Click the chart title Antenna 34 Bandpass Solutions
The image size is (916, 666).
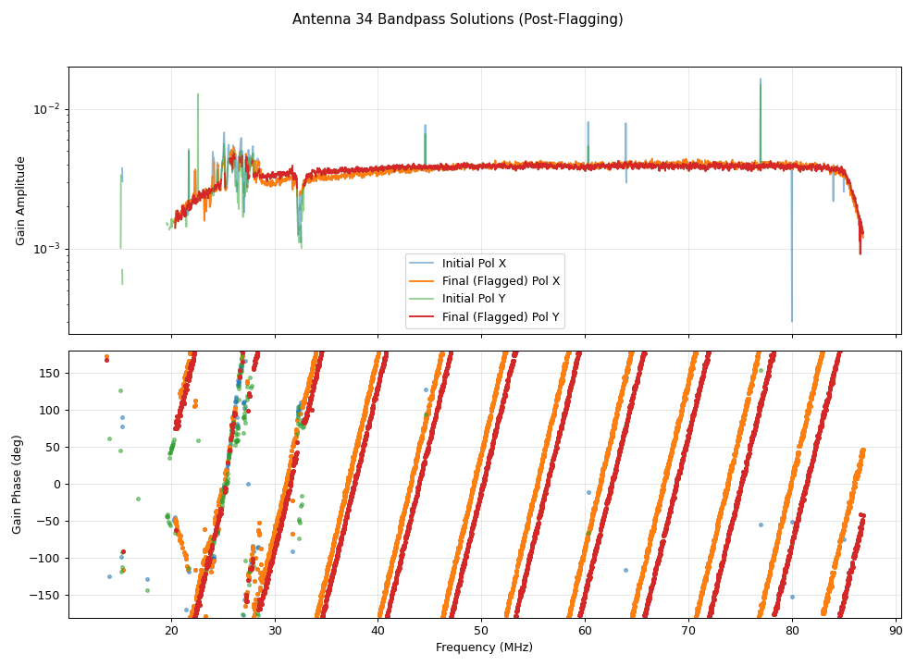[457, 19]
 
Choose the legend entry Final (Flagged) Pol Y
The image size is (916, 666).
[501, 317]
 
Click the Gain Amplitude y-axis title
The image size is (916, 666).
[20, 201]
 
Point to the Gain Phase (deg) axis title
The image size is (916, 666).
[17, 485]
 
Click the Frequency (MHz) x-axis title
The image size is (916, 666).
[484, 647]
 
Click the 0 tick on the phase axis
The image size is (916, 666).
[56, 484]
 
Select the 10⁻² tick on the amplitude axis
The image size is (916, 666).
[46, 109]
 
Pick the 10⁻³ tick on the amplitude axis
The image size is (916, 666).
[46, 249]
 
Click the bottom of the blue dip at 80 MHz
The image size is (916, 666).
[791, 321]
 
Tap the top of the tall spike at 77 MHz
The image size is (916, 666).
[761, 80]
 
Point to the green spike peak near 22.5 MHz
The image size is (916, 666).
[197, 94]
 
